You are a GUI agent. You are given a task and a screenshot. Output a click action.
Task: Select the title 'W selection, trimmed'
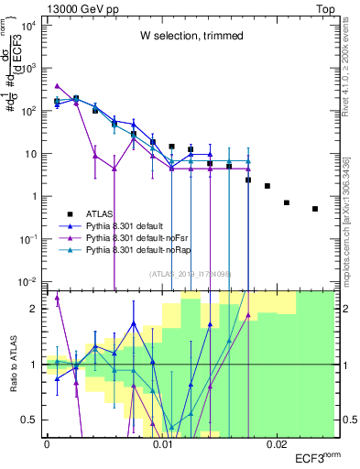pos(191,36)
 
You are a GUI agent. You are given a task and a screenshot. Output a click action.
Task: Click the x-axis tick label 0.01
pos(162,444)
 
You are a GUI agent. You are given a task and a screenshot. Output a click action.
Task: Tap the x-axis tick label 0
pos(47,444)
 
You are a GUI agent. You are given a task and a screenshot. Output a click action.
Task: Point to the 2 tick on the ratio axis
pos(37,309)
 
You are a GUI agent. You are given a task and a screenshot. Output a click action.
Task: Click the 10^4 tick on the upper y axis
pos(29,25)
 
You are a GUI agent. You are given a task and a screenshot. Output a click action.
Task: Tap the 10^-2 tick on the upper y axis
pos(29,281)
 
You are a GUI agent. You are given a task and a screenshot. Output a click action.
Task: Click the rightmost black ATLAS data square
pos(314,209)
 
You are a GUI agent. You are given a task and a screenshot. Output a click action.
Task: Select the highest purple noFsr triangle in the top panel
pos(57,86)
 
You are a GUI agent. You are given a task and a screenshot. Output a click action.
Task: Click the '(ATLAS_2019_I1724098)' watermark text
pos(191,272)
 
